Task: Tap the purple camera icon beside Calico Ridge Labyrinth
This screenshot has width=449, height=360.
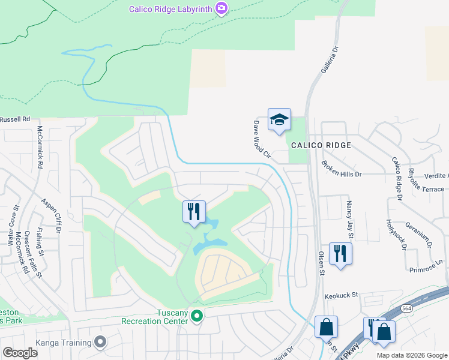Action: pos(221,8)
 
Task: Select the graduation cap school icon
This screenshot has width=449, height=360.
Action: pos(279,119)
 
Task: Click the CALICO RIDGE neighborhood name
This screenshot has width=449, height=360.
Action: pos(321,146)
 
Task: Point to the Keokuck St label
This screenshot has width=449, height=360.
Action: pos(341,295)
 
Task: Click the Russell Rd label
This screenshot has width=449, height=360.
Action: pos(15,119)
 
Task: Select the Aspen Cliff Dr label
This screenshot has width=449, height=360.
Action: pos(52,215)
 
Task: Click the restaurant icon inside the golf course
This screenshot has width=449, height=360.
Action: pos(194,212)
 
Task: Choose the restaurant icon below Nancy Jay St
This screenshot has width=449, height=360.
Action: pos(340,254)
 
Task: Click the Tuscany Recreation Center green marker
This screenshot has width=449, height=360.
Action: pos(196,314)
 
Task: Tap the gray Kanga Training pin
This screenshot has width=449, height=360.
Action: pos(100,343)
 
